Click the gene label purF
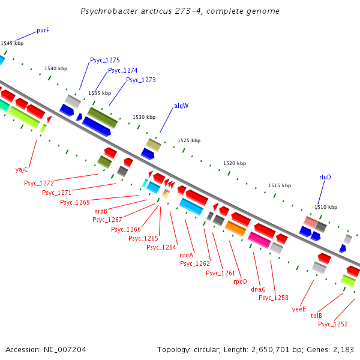point(43,30)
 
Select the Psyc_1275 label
point(105,60)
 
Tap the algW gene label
point(181,106)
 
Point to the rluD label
point(325,177)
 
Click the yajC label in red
point(22,169)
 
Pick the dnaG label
point(258,289)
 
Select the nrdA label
point(187,255)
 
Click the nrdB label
point(101,211)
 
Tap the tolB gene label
point(316,316)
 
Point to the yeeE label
point(299,309)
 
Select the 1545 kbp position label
point(12,43)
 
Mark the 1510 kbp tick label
point(326,207)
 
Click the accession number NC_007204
point(62,349)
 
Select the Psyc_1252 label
point(333,324)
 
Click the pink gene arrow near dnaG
point(259,240)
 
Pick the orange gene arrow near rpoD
point(236,228)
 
